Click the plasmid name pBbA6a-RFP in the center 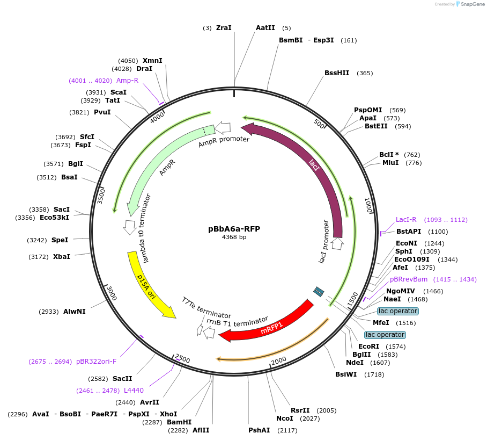234,228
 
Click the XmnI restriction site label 152,61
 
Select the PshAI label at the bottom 259,430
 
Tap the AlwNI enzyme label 74,312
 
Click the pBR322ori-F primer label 96,362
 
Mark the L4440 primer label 134,390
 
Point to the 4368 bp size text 234,237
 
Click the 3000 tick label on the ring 111,293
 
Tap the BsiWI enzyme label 346,374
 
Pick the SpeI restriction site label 60,240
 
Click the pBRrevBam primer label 409,279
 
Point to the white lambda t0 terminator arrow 129,227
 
